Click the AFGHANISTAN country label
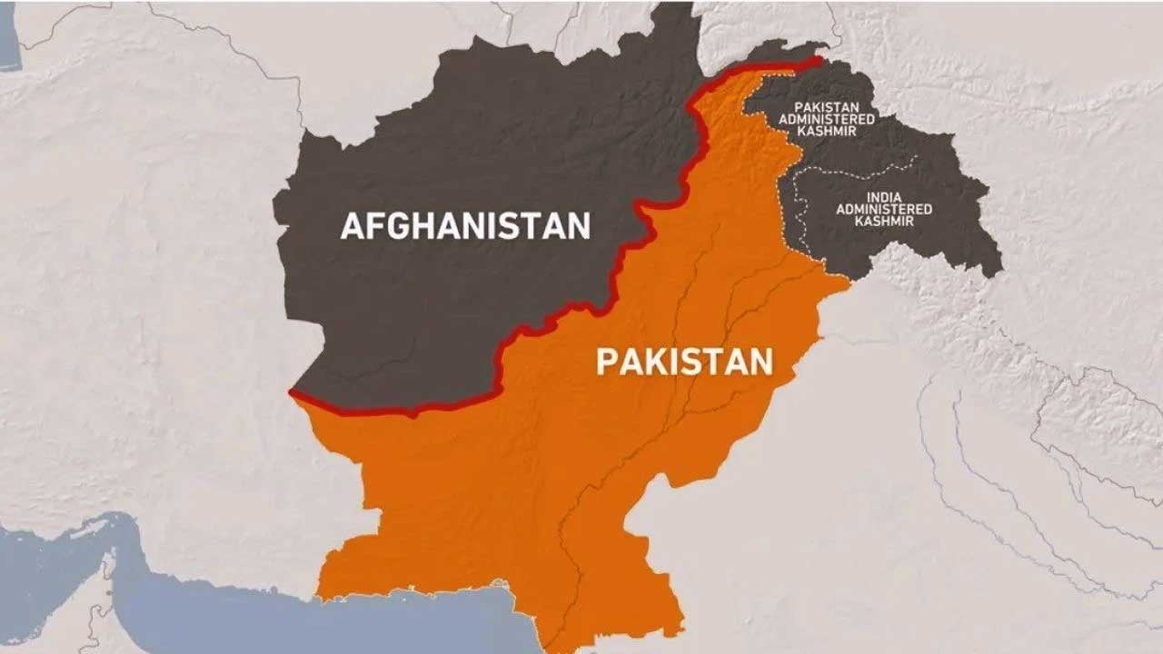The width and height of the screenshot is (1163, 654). tap(465, 225)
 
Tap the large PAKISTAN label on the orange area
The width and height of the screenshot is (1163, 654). tap(684, 362)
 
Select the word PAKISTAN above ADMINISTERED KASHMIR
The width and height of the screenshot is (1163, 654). tap(826, 107)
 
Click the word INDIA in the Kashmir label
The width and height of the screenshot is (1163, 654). tap(883, 197)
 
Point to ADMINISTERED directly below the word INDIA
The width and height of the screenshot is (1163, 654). tap(883, 209)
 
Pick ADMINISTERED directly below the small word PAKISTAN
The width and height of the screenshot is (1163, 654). tap(826, 119)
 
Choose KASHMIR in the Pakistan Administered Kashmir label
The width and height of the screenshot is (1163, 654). tap(826, 131)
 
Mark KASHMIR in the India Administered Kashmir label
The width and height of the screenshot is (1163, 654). tap(883, 221)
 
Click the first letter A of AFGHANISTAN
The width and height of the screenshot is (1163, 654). tap(352, 225)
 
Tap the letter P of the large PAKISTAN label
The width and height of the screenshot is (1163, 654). tap(606, 362)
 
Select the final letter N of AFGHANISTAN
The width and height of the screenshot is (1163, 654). tap(579, 225)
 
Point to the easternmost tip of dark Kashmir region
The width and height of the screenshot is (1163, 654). tap(1001, 266)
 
